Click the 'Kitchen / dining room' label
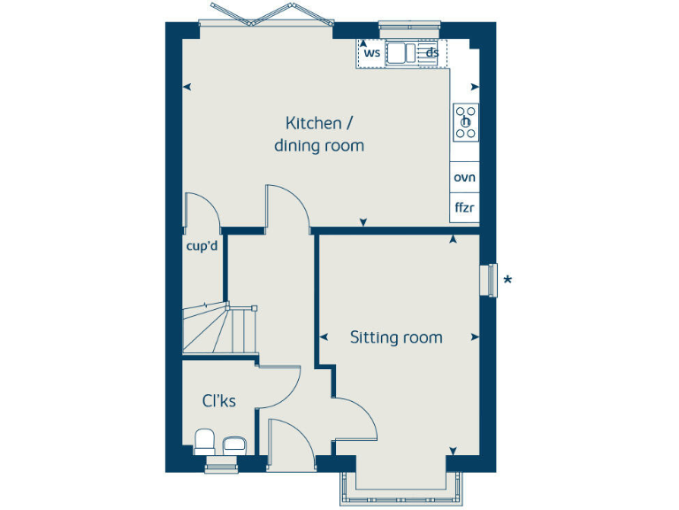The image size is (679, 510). coord(318,134)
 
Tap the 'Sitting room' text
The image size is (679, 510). coord(396,337)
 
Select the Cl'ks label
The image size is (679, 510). coord(219,401)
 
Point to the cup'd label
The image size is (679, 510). coord(202,246)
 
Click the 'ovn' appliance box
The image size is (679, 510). coord(464,177)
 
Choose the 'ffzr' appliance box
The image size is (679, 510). coord(464,208)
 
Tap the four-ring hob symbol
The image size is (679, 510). coord(466,122)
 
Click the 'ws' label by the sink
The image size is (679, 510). coord(372,53)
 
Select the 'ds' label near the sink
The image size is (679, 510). coord(432,53)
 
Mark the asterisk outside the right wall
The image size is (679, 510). coord(507,282)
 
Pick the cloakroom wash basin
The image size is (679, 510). coord(234,445)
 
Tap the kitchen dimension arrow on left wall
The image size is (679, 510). coord(187,87)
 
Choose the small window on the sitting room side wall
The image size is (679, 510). coord(487,281)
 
